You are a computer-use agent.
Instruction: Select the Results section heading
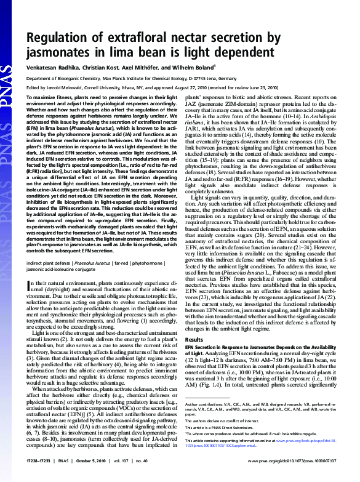(194, 340)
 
